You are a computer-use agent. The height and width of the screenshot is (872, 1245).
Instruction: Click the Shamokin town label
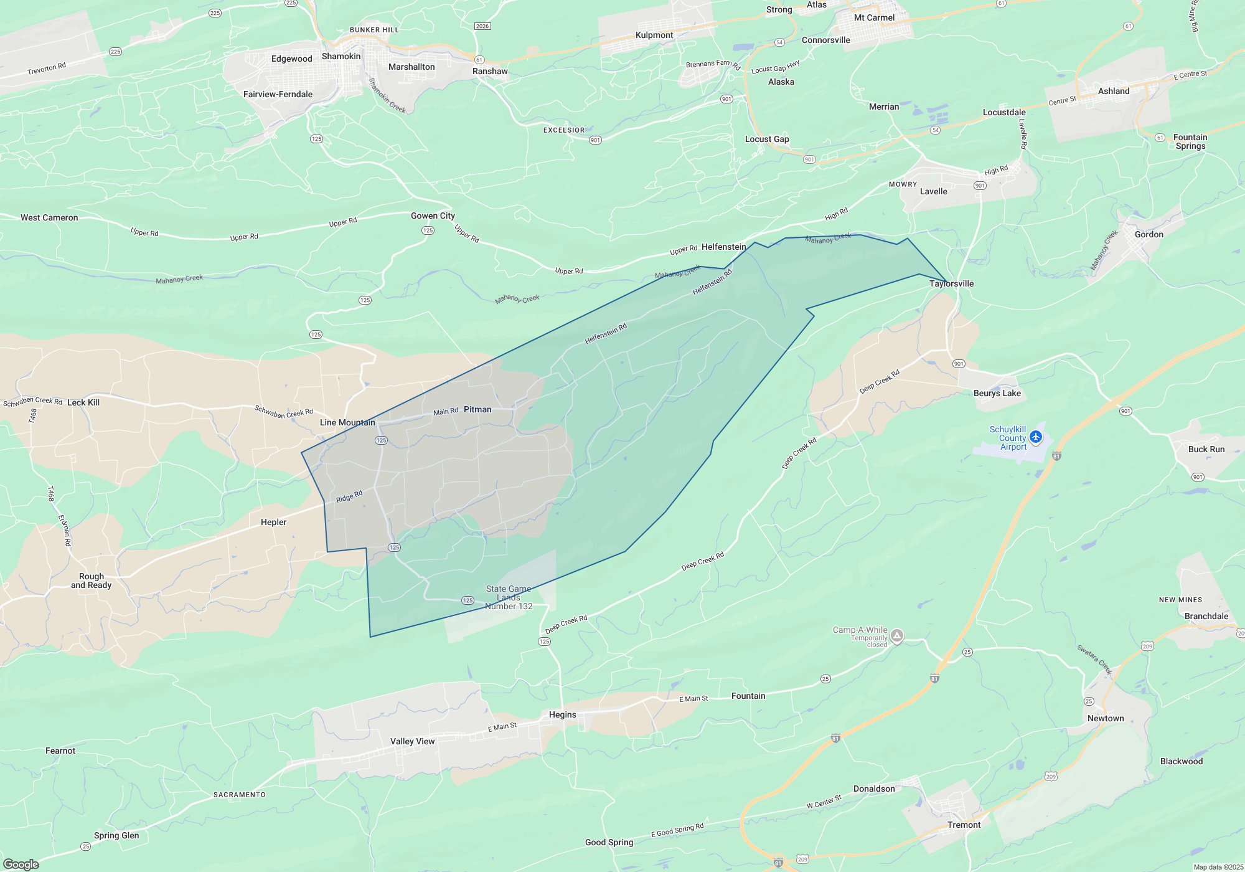(341, 57)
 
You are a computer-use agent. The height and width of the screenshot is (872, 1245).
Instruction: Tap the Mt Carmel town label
(874, 18)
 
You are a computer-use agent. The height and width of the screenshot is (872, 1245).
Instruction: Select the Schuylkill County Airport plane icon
(1036, 437)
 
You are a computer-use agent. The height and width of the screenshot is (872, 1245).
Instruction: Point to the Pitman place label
(477, 410)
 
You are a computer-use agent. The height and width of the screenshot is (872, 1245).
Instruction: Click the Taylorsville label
(951, 284)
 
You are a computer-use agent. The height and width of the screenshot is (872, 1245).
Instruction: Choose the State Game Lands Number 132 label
(509, 598)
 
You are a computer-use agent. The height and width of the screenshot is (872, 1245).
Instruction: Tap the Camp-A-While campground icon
(897, 636)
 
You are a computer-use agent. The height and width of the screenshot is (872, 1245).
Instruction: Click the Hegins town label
(563, 715)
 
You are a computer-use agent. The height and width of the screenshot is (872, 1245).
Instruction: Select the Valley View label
(412, 742)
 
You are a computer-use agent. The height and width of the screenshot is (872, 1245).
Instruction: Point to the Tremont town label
(964, 825)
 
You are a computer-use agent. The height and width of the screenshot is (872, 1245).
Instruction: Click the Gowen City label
(433, 216)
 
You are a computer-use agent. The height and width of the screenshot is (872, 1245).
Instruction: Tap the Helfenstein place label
(723, 247)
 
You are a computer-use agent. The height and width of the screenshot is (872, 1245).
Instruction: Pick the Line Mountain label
(347, 423)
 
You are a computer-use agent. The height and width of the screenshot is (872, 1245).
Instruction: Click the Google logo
(21, 865)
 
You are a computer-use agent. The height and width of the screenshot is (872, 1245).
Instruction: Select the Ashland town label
(1114, 92)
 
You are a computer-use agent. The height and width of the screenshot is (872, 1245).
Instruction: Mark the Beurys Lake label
(997, 394)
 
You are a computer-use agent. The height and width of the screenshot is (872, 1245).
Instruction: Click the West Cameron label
(49, 218)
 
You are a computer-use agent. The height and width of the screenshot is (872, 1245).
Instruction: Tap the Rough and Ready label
(92, 581)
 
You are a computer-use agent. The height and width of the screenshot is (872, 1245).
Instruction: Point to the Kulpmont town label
(654, 36)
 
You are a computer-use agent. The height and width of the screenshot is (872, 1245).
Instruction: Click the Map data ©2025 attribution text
(1218, 867)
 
